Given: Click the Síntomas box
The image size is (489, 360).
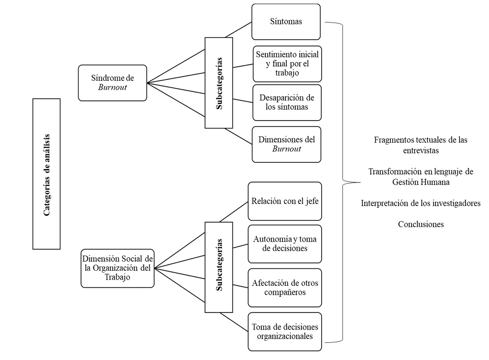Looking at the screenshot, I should pyautogui.click(x=286, y=22).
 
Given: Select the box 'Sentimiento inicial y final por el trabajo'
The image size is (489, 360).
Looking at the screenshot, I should pyautogui.click(x=287, y=64).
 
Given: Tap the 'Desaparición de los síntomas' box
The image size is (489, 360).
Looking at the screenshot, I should pyautogui.click(x=287, y=103).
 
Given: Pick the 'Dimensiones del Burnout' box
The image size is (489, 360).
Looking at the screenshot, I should pyautogui.click(x=286, y=144).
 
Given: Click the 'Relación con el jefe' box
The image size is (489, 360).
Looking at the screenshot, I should pyautogui.click(x=284, y=201).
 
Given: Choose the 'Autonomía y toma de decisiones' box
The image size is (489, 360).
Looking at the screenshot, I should pyautogui.click(x=284, y=244).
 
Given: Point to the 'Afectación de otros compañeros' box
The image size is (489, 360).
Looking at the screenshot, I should pyautogui.click(x=284, y=288).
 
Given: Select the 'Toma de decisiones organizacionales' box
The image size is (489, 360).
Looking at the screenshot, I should pyautogui.click(x=284, y=332).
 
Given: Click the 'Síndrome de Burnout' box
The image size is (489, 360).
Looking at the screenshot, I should pyautogui.click(x=112, y=83).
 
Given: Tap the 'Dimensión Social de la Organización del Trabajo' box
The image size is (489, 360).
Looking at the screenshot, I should pyautogui.click(x=118, y=268).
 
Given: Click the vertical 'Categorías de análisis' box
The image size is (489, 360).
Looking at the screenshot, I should pyautogui.click(x=47, y=174).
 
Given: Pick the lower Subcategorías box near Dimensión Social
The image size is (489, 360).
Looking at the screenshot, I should pyautogui.click(x=219, y=265).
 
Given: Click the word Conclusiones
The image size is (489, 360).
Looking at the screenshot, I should pyautogui.click(x=421, y=224).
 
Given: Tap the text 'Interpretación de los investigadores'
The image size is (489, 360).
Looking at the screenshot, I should pyautogui.click(x=421, y=203).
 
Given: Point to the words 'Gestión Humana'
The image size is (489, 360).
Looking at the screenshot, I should pyautogui.click(x=421, y=182).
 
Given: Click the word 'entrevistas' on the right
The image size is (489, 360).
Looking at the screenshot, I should pyautogui.click(x=421, y=150).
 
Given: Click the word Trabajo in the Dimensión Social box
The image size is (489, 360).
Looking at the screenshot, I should pyautogui.click(x=118, y=277).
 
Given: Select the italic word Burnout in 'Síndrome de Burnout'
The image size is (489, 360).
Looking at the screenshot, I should pyautogui.click(x=112, y=88).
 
